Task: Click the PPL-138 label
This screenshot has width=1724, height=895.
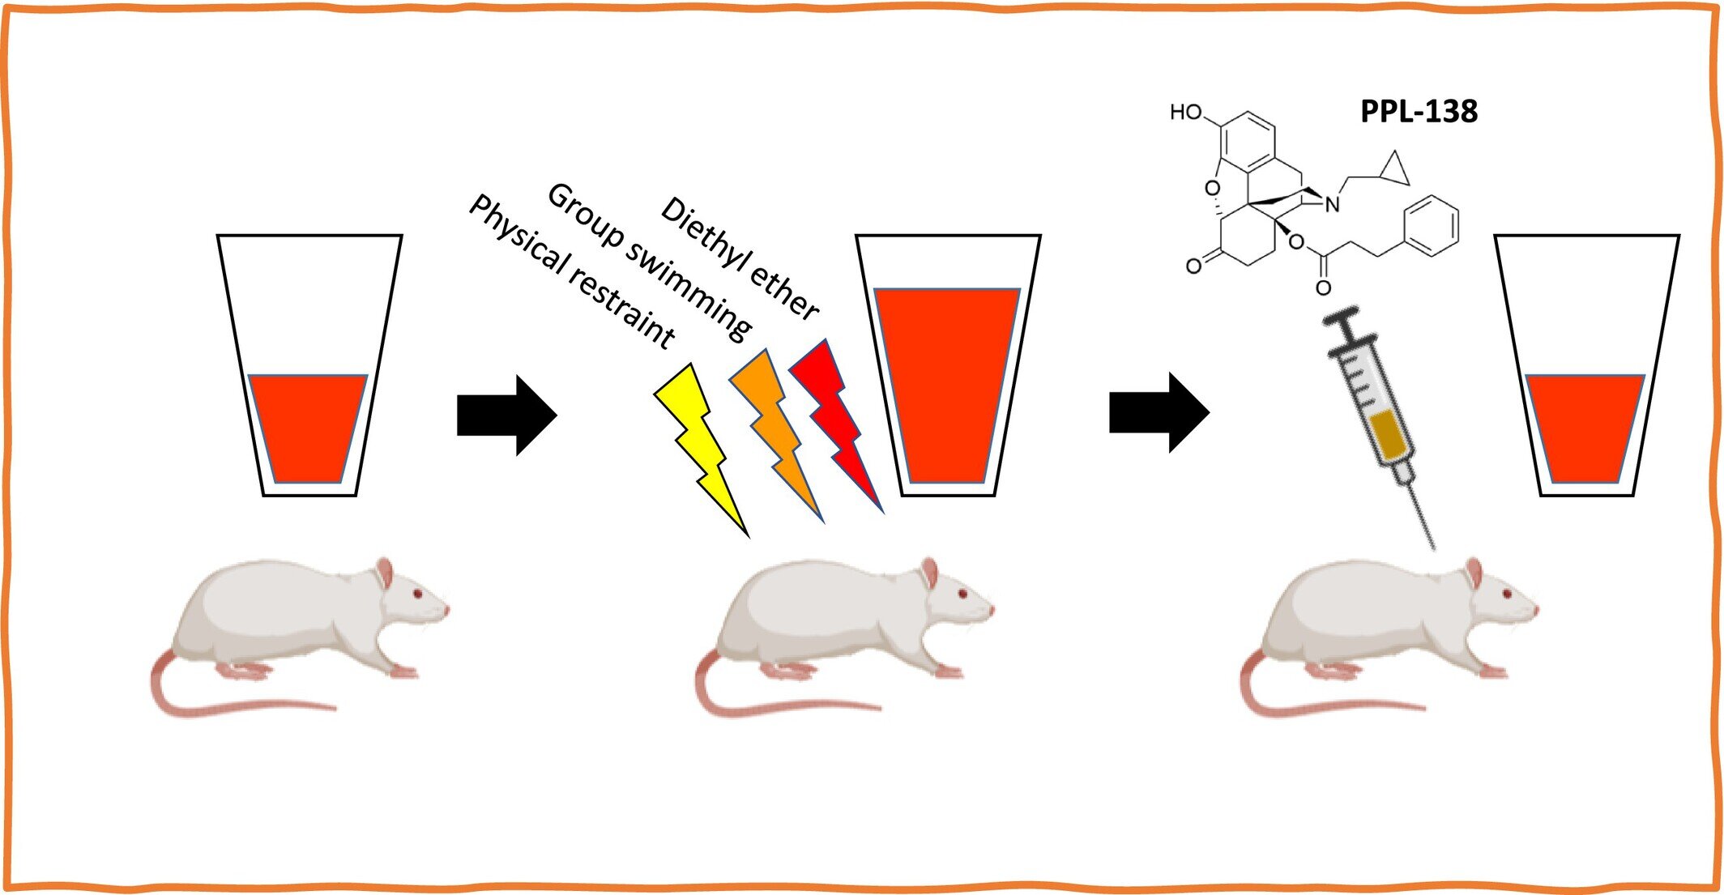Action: pyautogui.click(x=1419, y=111)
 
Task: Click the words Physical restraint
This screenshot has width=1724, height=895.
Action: pyautogui.click(x=572, y=272)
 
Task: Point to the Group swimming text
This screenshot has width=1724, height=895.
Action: pyautogui.click(x=649, y=260)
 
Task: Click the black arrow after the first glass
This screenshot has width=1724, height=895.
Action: pyautogui.click(x=507, y=415)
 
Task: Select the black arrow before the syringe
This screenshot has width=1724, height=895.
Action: pyautogui.click(x=1159, y=412)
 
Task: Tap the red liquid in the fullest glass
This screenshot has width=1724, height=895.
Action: pyautogui.click(x=947, y=385)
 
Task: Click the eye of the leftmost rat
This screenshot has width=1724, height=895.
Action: pyautogui.click(x=418, y=594)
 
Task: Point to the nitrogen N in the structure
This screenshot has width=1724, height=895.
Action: pyautogui.click(x=1332, y=205)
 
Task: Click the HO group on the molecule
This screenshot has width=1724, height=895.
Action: pyautogui.click(x=1186, y=112)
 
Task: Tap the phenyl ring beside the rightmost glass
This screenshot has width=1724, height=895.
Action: pyautogui.click(x=1431, y=226)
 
